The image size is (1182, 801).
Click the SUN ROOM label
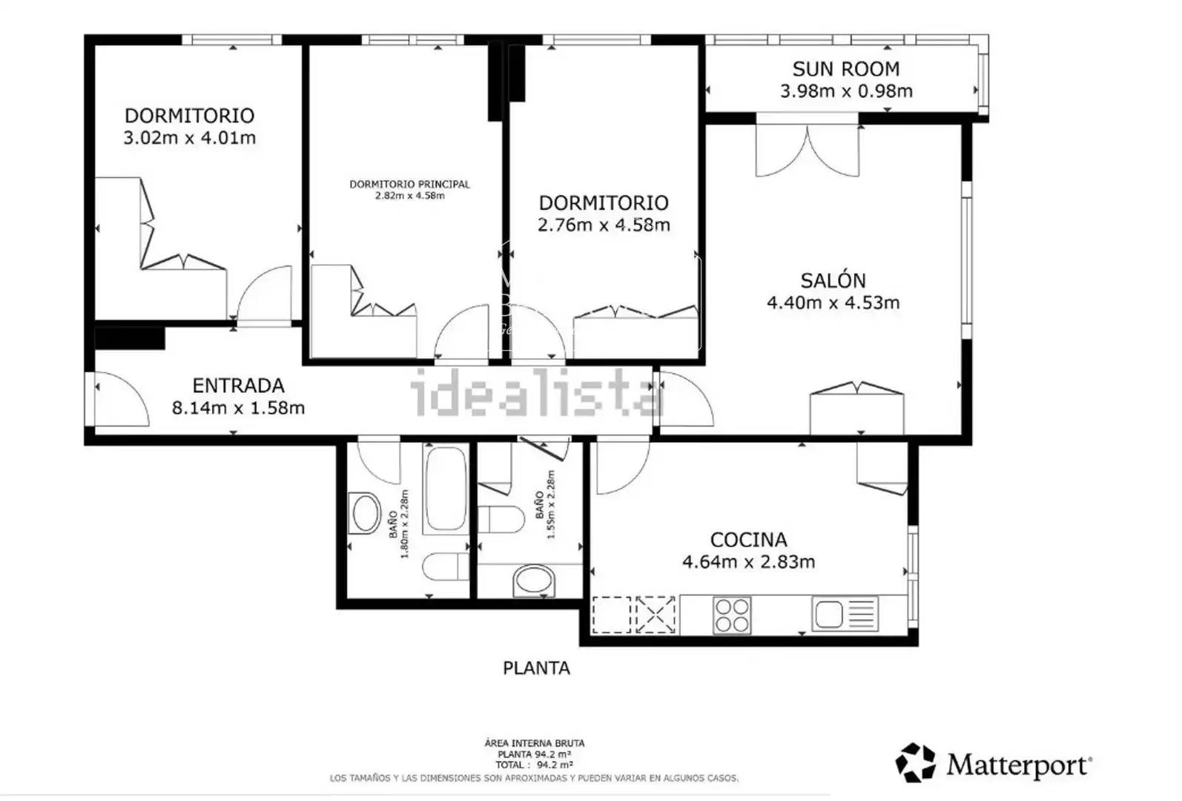tap(846, 69)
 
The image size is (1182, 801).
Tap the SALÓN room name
tap(833, 280)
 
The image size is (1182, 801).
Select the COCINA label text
tap(748, 540)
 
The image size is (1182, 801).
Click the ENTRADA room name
tap(239, 386)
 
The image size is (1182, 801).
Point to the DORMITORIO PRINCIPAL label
tap(409, 184)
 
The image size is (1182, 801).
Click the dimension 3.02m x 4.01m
tap(189, 138)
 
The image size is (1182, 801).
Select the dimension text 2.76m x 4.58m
tap(604, 225)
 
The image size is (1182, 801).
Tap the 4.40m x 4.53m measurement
tap(833, 303)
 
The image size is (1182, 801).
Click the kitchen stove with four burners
tap(732, 616)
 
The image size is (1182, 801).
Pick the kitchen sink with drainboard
tap(845, 613)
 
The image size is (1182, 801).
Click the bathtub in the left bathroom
tap(446, 489)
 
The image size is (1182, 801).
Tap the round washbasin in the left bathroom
tap(365, 513)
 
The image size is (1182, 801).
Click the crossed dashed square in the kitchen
tap(656, 615)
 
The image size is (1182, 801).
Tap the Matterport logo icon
tap(916, 762)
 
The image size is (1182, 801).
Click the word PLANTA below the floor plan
tap(536, 668)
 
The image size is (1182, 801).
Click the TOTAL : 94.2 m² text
tap(534, 765)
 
